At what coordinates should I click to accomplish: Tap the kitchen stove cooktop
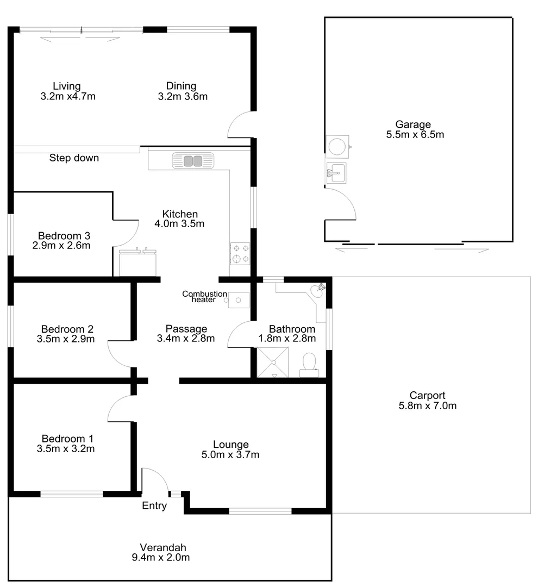tap(240, 253)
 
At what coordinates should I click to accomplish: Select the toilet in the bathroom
tap(309, 364)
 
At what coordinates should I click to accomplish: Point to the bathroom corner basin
tap(317, 291)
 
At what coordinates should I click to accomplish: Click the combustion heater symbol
tap(238, 299)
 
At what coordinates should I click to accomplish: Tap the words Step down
tap(74, 158)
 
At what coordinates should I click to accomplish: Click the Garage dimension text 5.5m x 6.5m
tap(415, 135)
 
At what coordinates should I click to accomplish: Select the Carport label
tap(427, 396)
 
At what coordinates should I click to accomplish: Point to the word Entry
tap(154, 506)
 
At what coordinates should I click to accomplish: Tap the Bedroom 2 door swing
tap(120, 354)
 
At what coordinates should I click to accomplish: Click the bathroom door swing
tap(239, 335)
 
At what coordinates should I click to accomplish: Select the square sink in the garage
tap(336, 174)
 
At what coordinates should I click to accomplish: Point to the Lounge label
tap(230, 445)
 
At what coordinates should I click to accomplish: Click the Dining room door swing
tap(240, 126)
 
